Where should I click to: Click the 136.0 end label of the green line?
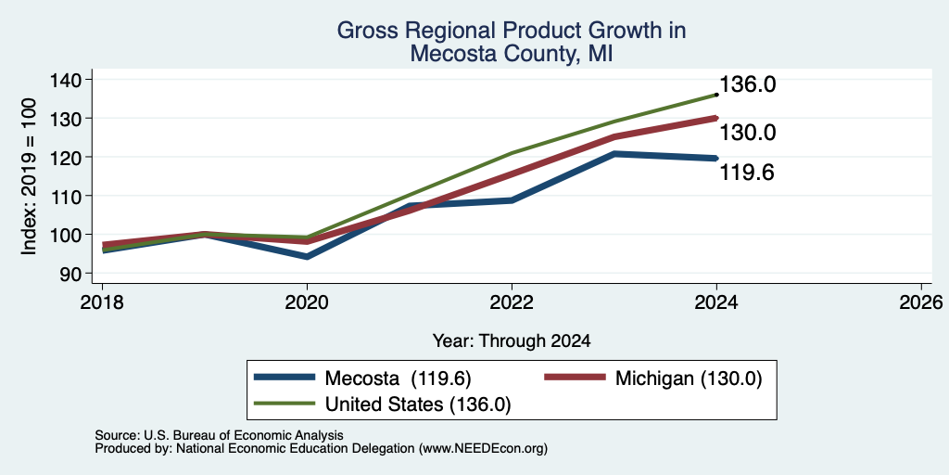click(x=747, y=84)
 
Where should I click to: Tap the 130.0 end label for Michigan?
click(x=747, y=133)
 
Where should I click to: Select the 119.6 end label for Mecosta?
click(x=747, y=173)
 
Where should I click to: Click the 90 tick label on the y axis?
click(x=69, y=274)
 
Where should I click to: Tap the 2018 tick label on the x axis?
click(x=102, y=302)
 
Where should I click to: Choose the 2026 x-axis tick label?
click(x=921, y=302)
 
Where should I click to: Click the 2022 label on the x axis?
click(x=512, y=302)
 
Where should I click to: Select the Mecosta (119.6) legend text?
click(x=399, y=379)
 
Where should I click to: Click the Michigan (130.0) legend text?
click(x=689, y=379)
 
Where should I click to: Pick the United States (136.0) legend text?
click(x=418, y=404)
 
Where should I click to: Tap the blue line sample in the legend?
click(x=285, y=378)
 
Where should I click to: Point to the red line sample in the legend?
click(x=575, y=378)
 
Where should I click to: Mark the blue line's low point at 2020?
click(x=308, y=257)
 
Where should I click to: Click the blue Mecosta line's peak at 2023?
click(x=614, y=154)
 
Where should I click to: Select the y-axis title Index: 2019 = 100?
click(x=29, y=176)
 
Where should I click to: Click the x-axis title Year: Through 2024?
click(x=512, y=341)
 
